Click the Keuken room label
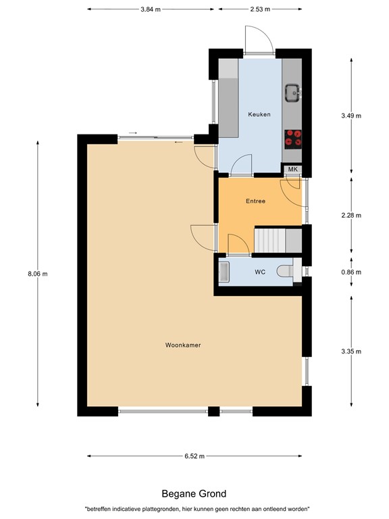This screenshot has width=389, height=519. (259, 114)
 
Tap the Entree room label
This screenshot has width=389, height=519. (255, 201)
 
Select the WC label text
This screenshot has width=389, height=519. (260, 272)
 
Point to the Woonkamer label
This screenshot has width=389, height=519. (183, 345)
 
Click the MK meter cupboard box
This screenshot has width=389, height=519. (292, 169)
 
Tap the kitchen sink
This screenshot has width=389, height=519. (292, 92)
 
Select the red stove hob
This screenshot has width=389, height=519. (293, 137)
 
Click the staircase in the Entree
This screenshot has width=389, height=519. (269, 240)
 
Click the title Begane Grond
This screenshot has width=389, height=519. (194, 494)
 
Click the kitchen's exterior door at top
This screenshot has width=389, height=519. (258, 42)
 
